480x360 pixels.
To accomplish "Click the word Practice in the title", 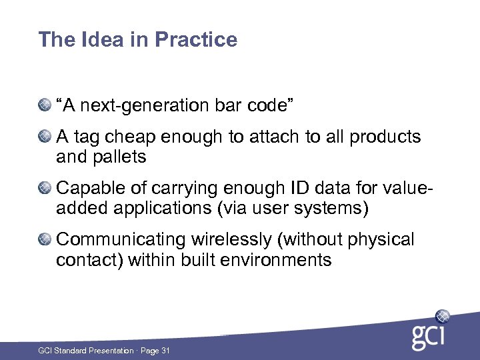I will [196, 40].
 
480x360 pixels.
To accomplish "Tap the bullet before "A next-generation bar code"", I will [45, 105].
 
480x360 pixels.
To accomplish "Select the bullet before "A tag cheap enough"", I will [45, 137].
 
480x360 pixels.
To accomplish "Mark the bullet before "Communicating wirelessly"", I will [45, 239].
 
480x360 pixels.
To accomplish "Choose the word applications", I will [175, 209].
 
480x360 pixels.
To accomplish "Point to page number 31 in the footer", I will [165, 350].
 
